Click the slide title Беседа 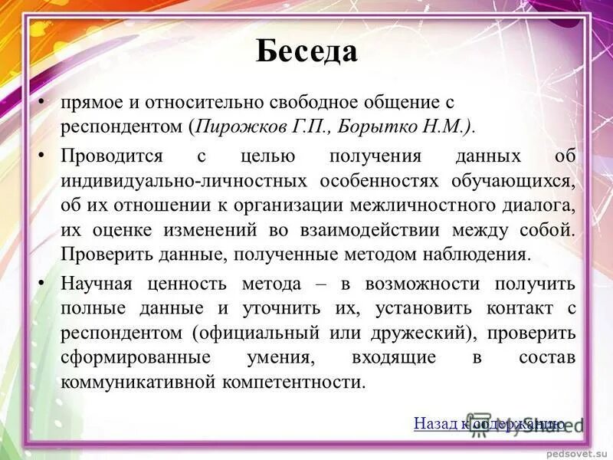pyautogui.click(x=306, y=51)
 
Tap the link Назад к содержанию pyautogui.click(x=489, y=423)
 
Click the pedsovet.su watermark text pyautogui.click(x=575, y=453)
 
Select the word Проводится pyautogui.click(x=112, y=156)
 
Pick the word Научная pyautogui.click(x=97, y=284)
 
